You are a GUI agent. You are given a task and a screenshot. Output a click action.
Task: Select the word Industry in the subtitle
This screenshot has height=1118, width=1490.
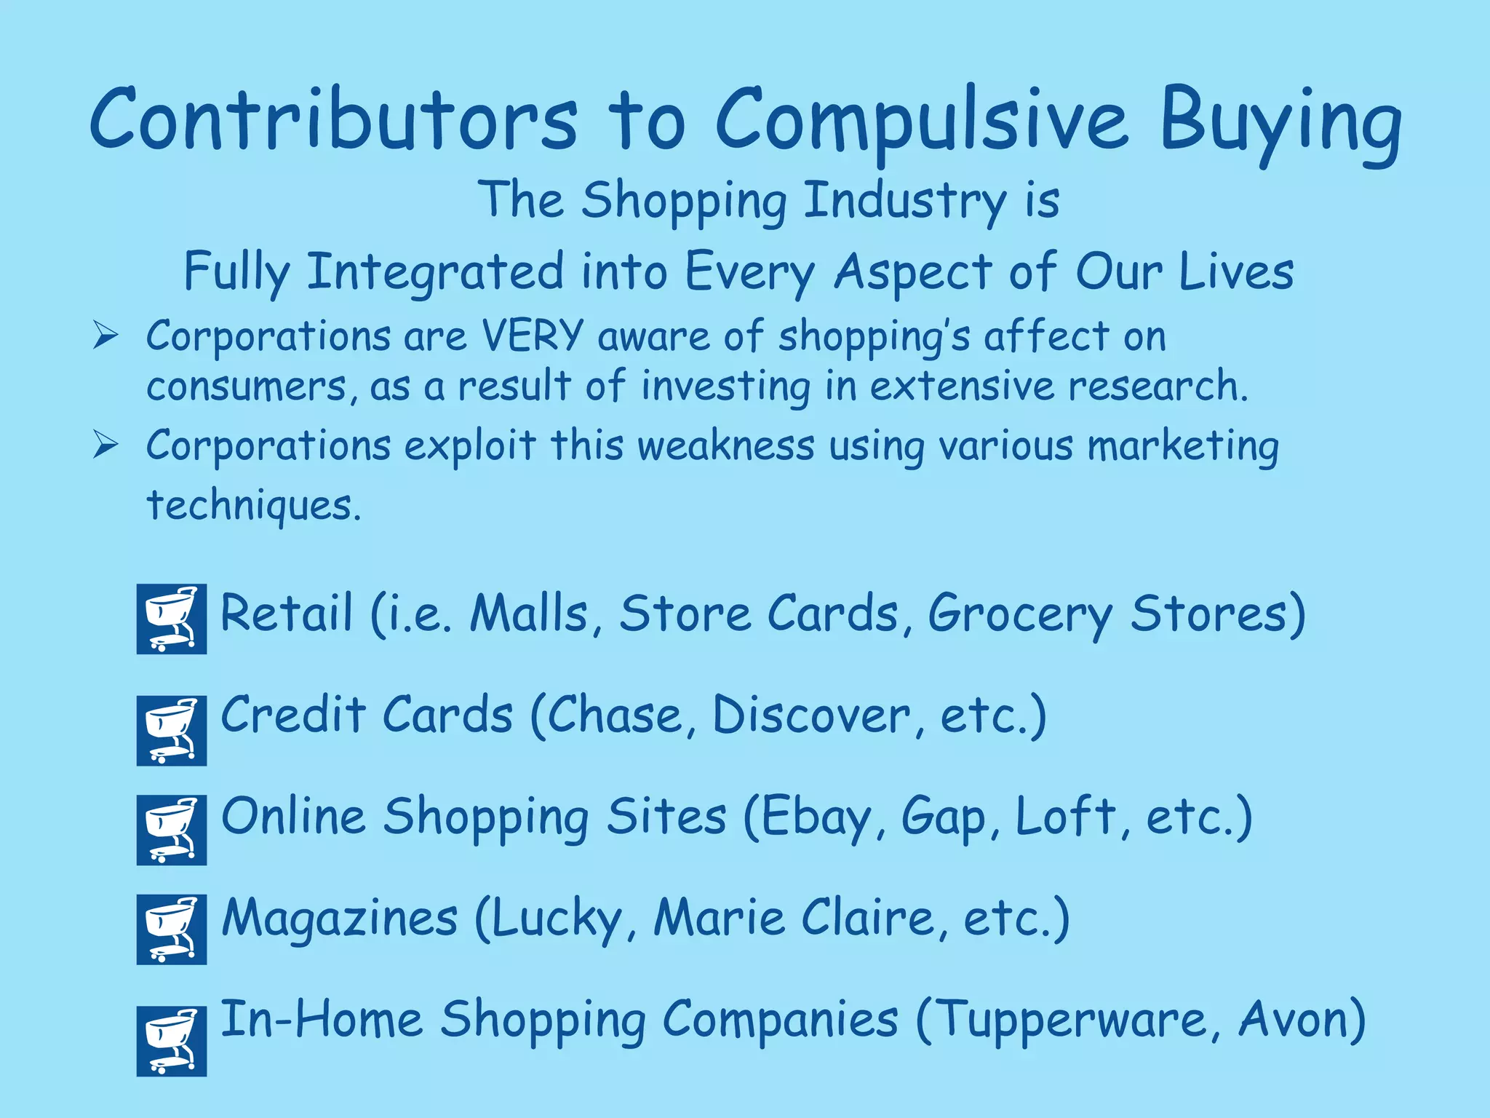(905, 200)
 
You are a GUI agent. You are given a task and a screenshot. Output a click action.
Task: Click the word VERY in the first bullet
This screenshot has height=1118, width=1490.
(533, 336)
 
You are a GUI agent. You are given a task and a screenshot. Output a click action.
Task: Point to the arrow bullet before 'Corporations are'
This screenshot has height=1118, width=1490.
(105, 336)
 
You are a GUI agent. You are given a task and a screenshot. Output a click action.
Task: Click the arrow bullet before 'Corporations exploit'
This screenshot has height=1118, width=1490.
(105, 445)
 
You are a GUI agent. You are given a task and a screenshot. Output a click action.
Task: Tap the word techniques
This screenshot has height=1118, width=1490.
(253, 505)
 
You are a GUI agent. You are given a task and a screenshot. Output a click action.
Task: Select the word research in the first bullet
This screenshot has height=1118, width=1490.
(1157, 386)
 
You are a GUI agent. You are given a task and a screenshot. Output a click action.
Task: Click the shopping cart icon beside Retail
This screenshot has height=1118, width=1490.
(172, 619)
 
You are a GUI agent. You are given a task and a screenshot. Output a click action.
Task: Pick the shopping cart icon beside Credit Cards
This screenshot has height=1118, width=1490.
(172, 730)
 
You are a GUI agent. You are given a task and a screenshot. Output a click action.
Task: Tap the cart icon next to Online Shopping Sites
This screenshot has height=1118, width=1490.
(172, 830)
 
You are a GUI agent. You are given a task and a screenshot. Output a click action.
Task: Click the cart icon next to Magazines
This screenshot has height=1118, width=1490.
(172, 929)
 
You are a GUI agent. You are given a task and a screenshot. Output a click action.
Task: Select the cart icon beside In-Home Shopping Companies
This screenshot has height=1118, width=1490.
(172, 1041)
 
